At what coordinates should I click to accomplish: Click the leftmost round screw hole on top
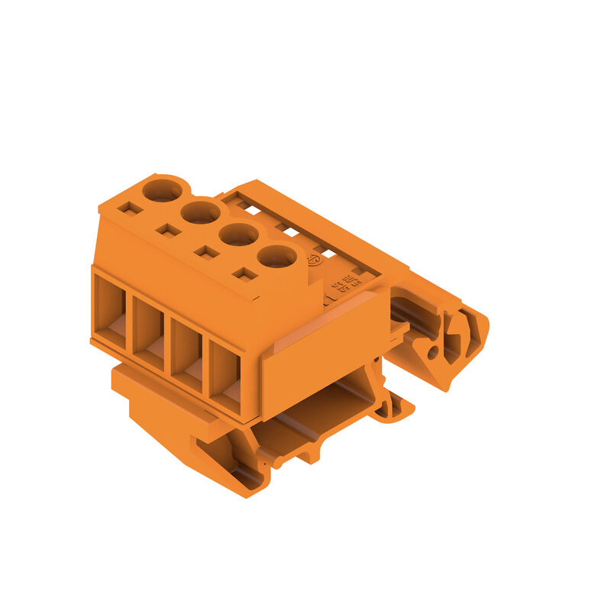pos(162,190)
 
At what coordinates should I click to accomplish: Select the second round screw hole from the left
pos(201,212)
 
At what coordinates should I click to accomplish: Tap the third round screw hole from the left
pos(239,234)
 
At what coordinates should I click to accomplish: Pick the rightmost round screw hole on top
pos(276,257)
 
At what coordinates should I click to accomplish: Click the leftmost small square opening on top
pos(131,208)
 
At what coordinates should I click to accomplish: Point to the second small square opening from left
pos(168,230)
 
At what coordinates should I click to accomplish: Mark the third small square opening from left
pos(206,251)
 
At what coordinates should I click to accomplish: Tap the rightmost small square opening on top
pos(244,273)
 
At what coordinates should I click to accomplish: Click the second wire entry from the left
pos(148,333)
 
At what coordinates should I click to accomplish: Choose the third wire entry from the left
pos(186,355)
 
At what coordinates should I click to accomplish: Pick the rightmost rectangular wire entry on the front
pos(225,377)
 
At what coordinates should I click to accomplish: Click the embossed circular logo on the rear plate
pos(313,260)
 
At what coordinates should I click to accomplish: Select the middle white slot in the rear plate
pos(288,230)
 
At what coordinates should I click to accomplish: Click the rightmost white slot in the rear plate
pos(327,253)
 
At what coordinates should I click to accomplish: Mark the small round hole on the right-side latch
pos(432,352)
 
